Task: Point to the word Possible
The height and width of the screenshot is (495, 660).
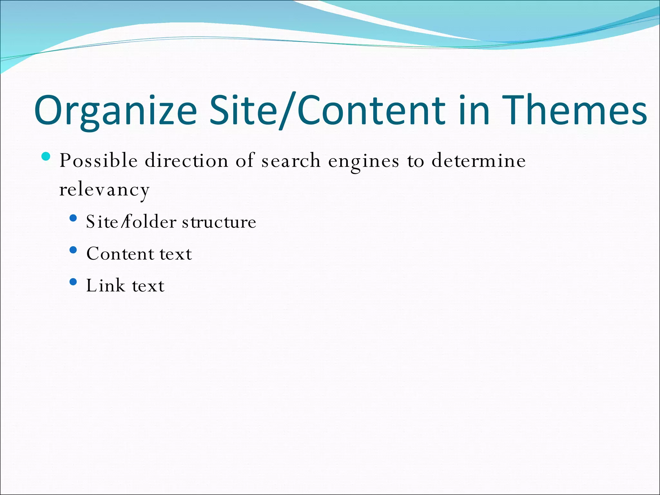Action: [x=99, y=160]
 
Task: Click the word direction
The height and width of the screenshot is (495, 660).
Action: [x=187, y=160]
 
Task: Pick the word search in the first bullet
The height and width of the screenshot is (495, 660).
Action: [x=291, y=160]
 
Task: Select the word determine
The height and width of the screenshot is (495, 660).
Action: [x=479, y=160]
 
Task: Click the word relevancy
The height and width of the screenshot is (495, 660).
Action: [x=104, y=190]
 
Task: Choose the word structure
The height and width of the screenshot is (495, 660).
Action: [x=219, y=222]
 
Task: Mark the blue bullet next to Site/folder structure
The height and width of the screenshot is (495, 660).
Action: [x=73, y=218]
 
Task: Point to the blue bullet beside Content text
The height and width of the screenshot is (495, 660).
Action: [x=73, y=250]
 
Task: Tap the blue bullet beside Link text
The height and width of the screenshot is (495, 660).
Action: [x=73, y=282]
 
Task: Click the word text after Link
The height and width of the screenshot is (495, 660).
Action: [x=148, y=286]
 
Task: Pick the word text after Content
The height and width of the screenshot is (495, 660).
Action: [x=176, y=254]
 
